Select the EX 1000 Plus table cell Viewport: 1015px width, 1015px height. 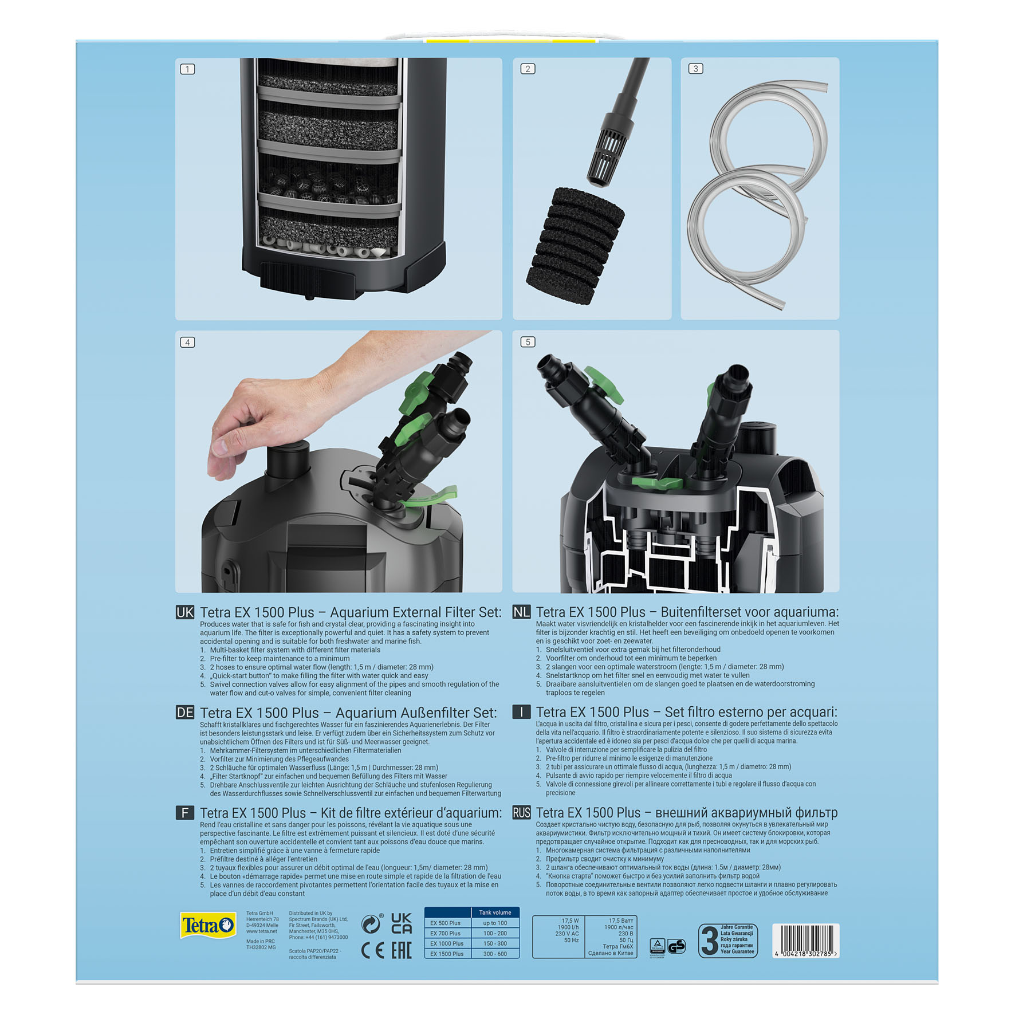point(447,943)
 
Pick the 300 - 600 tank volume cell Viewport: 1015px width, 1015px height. point(495,954)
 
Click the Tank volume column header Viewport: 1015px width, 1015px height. point(495,912)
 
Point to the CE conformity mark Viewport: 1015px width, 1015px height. point(372,951)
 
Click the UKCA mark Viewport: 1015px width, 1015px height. point(401,923)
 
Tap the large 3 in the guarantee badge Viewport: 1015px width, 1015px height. point(710,941)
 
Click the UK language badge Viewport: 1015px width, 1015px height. point(184,612)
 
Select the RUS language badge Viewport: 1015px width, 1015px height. point(521,813)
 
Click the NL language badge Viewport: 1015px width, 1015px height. point(521,612)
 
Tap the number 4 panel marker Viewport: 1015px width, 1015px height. point(187,343)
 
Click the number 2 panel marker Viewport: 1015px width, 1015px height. point(528,69)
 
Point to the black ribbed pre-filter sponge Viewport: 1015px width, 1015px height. point(574,246)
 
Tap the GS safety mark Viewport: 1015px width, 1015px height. point(676,946)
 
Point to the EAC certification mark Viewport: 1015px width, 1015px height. point(402,951)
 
